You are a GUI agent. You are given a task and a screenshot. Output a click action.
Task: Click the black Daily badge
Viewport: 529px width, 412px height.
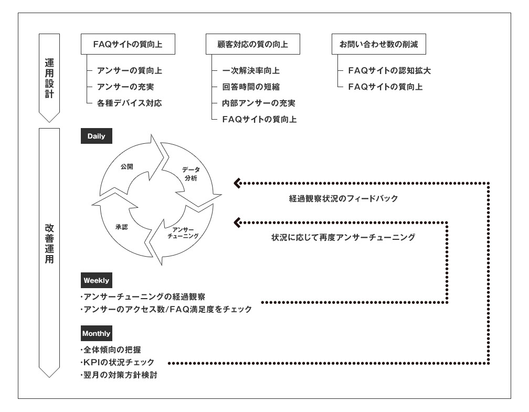tap(97, 136)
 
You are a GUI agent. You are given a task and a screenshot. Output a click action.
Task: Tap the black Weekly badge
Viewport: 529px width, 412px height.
tap(97, 280)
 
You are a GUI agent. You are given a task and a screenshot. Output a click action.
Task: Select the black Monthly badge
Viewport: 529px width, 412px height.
tap(97, 333)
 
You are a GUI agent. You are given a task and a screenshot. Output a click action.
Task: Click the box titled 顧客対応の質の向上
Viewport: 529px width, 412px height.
tap(253, 44)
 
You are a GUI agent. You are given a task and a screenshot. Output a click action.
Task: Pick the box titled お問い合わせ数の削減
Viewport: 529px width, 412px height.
tap(378, 44)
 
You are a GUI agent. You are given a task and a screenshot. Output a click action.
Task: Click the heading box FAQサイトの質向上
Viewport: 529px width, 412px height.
tap(128, 44)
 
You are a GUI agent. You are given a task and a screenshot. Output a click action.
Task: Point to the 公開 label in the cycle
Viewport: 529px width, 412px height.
tap(127, 166)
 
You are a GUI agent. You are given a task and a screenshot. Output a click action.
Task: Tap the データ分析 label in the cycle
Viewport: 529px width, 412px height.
tap(191, 174)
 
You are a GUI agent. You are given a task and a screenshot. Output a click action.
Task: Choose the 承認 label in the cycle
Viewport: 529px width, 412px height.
tap(121, 227)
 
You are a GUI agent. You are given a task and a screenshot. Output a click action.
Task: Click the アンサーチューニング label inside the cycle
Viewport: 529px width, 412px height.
tap(183, 233)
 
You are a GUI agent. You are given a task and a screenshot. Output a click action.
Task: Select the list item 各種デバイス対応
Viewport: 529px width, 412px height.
tap(129, 103)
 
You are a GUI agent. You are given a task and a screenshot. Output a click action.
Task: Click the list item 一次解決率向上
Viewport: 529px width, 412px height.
tap(251, 70)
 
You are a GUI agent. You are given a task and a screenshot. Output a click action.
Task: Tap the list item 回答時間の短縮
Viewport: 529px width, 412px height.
tap(251, 87)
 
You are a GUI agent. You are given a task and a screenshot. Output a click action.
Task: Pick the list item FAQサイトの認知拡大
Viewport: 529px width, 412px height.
tap(389, 70)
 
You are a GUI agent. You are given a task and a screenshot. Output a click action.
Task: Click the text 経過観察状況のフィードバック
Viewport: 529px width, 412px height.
tap(343, 198)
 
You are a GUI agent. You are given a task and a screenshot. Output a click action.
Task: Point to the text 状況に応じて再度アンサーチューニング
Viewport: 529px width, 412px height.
tap(343, 237)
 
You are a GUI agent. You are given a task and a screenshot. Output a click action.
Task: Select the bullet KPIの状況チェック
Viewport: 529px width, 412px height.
tap(118, 362)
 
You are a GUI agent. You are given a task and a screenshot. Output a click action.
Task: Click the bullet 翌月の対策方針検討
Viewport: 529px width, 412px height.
tap(119, 375)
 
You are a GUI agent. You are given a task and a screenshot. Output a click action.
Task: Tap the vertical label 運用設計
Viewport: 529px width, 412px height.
tap(49, 78)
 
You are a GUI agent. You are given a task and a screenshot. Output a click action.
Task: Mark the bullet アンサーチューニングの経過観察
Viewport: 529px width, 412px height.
tap(143, 297)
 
